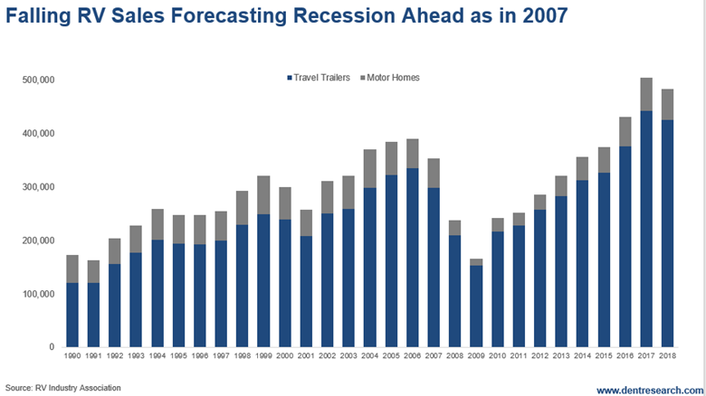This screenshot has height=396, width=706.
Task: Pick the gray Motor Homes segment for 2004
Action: pyautogui.click(x=369, y=169)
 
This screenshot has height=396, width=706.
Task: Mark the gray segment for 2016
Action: pyautogui.click(x=624, y=132)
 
